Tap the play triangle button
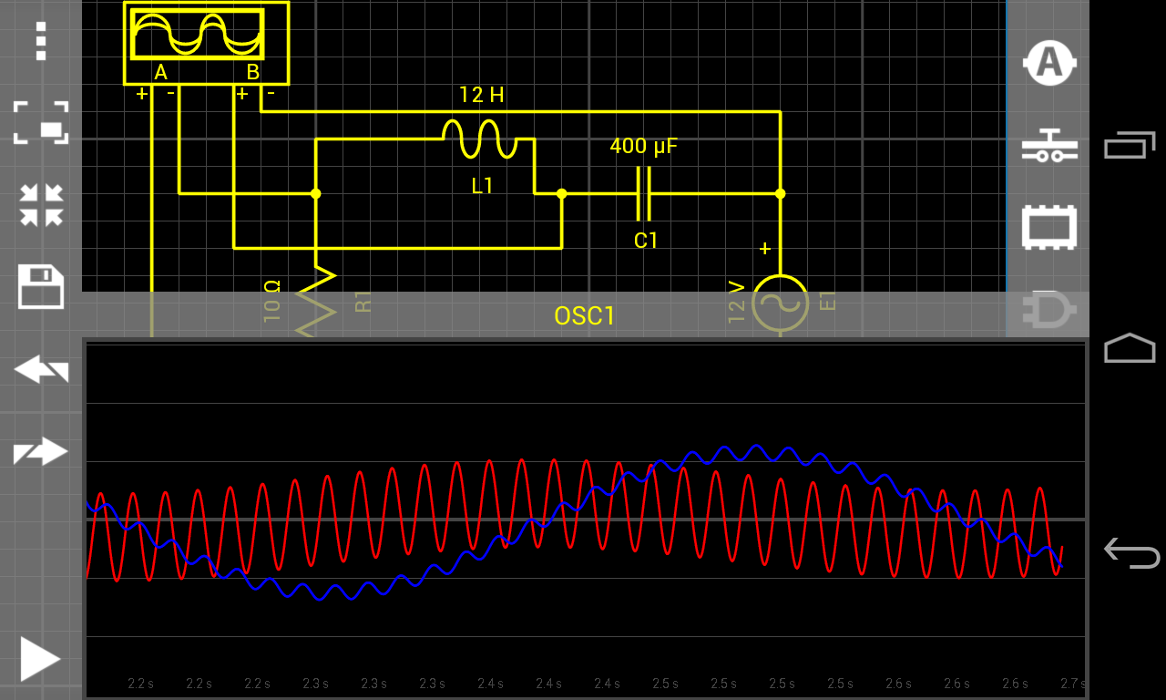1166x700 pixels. (40, 658)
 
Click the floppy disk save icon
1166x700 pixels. (41, 288)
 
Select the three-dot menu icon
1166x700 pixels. (40, 41)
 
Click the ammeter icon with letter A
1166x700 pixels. (1049, 62)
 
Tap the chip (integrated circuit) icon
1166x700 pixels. (1049, 227)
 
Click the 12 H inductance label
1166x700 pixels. (481, 95)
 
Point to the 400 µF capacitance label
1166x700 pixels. (643, 146)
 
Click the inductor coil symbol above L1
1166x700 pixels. (480, 139)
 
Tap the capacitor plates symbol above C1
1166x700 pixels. (644, 194)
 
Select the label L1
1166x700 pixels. (482, 187)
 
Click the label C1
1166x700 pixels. (646, 241)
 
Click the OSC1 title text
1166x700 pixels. (585, 316)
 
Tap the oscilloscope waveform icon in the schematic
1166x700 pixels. (198, 34)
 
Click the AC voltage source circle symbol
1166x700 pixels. (780, 303)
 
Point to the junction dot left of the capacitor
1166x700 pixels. (561, 193)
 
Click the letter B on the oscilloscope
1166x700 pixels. (253, 72)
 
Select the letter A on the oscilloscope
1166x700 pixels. (161, 72)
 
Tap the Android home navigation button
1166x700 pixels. (1130, 348)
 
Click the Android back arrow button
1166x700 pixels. (1130, 552)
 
